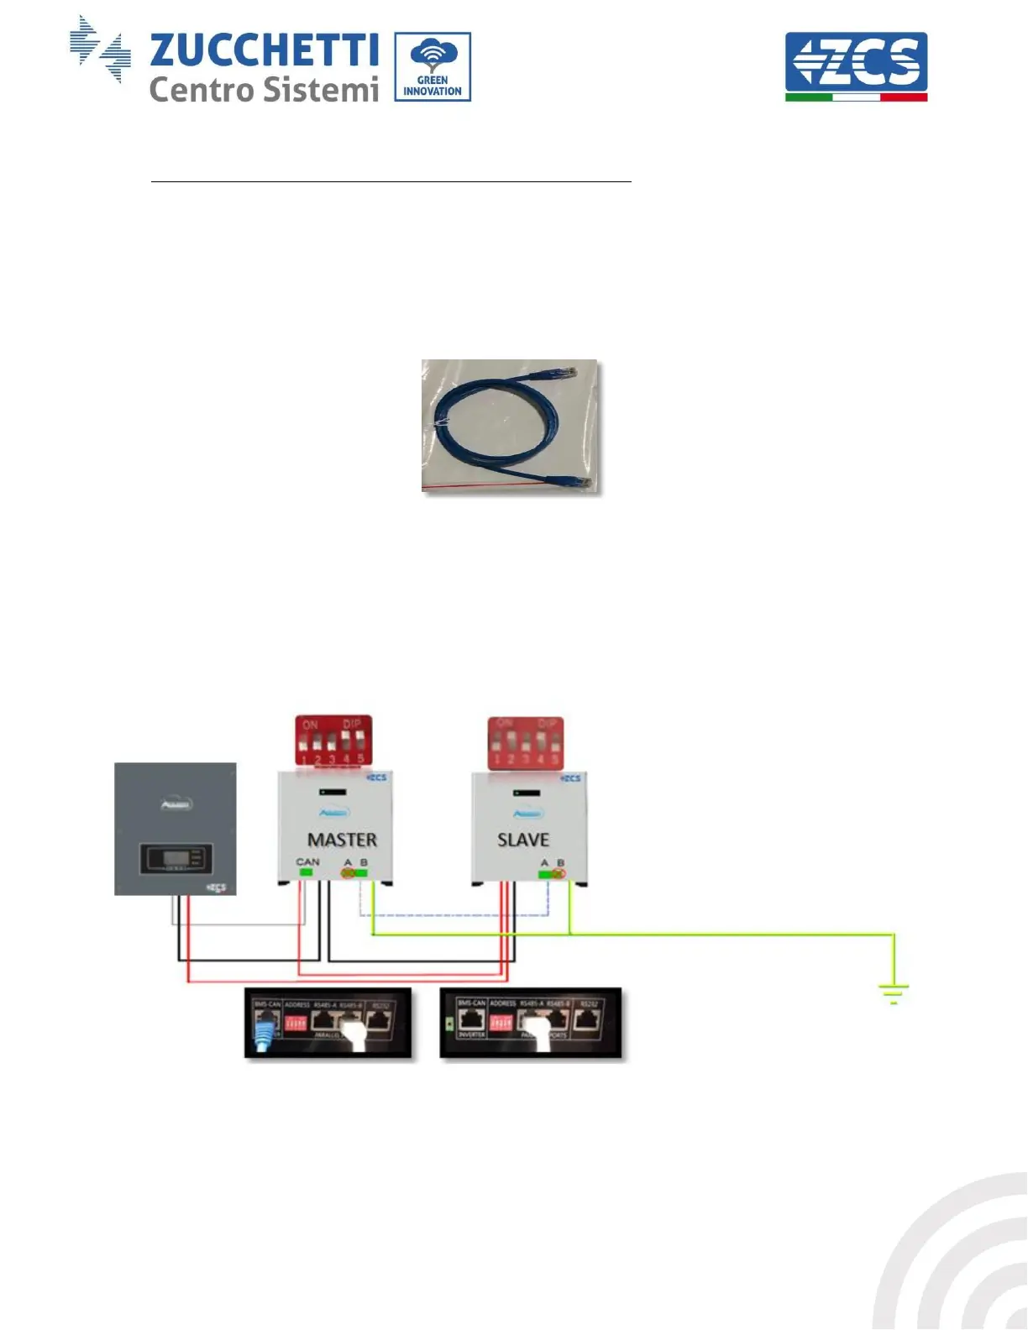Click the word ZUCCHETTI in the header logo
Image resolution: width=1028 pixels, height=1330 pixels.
coord(264,50)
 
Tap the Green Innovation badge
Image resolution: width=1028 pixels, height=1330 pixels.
coord(433,67)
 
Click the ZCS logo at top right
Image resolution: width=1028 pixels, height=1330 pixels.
coord(856,65)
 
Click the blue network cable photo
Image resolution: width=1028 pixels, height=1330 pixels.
coord(510,426)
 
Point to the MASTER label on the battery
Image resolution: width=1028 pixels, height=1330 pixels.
coord(342,840)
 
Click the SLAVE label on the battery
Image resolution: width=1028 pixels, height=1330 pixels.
coord(523,840)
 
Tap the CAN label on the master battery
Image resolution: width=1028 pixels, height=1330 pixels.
coord(307,861)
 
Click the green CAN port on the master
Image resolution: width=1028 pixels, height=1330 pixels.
coord(306,873)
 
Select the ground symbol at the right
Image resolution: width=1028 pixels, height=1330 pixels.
coord(894,995)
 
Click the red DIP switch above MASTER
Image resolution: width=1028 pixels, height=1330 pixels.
coord(333,741)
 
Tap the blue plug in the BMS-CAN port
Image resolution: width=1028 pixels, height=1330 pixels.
coord(266,1030)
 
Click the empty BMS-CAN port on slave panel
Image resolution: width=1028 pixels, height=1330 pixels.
coord(471,1022)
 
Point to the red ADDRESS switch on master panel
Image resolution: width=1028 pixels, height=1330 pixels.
coord(296,1024)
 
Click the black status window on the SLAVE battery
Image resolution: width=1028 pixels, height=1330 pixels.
coord(527,792)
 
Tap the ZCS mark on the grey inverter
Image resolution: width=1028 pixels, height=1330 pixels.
coord(217,888)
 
